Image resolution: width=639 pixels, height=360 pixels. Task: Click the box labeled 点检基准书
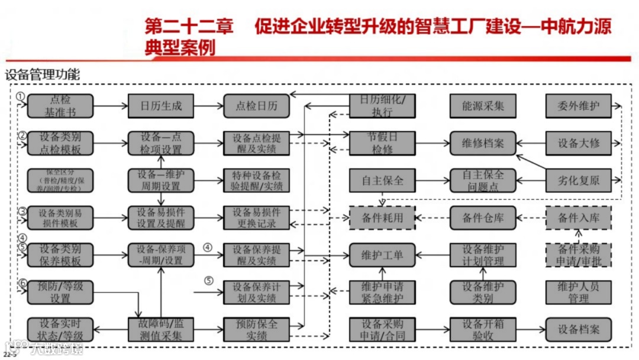pos(60,106)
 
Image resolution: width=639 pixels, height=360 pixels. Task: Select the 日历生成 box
pos(161,106)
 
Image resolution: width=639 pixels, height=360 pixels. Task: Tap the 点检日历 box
pos(256,106)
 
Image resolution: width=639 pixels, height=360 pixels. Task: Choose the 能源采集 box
pos(483,106)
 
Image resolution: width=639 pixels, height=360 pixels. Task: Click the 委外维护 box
pos(578,106)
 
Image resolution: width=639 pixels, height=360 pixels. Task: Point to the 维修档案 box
pos(483,143)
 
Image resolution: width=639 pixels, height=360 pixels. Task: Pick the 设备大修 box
pos(578,143)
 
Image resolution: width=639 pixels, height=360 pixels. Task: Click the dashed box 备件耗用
pos(382,217)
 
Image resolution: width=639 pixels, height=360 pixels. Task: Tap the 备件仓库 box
pos(483,217)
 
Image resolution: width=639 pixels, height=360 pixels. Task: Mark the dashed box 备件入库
pos(578,217)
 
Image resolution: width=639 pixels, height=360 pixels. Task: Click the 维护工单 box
pos(382,255)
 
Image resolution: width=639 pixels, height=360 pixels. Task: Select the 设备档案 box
pos(578,329)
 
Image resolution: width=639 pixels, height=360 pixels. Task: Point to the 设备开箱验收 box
pos(483,329)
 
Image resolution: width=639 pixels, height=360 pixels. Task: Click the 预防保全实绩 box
pos(256,329)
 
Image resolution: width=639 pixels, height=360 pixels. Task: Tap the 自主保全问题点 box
pos(483,181)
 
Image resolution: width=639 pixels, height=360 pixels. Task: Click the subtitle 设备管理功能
pos(42,75)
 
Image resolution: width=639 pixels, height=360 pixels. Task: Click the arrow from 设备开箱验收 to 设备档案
pos(530,329)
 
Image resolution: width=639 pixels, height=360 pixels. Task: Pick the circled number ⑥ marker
pos(22,283)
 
